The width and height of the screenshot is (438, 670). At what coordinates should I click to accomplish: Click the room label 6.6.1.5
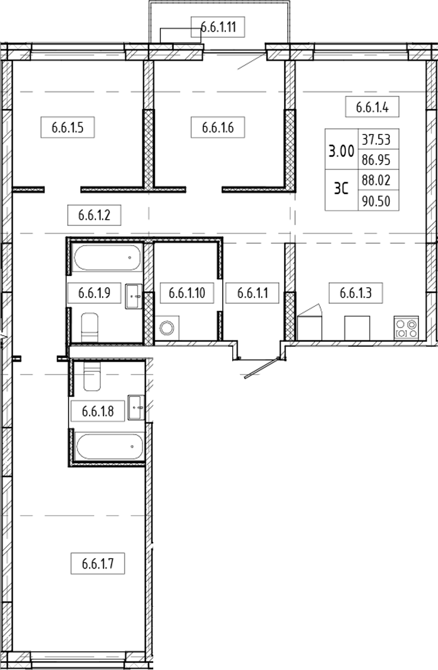[68, 128]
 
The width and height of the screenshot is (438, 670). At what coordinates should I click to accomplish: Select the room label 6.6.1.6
[218, 128]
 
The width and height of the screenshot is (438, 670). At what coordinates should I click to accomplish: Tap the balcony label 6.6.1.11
[218, 27]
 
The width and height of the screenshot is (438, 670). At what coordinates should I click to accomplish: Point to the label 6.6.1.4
[372, 107]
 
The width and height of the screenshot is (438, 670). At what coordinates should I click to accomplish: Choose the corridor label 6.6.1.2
[94, 215]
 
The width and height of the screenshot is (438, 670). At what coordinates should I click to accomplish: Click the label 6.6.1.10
[187, 293]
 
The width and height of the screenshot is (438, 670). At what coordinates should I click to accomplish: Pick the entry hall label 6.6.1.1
[252, 293]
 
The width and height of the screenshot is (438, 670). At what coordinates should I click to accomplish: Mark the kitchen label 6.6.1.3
[356, 293]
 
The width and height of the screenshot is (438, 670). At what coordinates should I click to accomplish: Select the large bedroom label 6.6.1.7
[98, 564]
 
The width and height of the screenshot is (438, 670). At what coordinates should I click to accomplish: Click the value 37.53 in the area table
[376, 139]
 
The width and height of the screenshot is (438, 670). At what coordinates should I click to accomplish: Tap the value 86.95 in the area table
[376, 160]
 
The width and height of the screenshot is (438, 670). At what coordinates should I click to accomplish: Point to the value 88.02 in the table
[376, 180]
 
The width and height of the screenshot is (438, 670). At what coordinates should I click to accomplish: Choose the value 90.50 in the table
[376, 201]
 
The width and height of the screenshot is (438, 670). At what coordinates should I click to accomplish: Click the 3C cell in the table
[341, 189]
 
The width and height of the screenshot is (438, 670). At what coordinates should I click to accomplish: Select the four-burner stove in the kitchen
[406, 328]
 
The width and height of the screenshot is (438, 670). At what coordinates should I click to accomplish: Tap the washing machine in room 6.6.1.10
[167, 328]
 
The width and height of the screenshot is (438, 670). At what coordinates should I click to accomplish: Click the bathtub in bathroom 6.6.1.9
[107, 258]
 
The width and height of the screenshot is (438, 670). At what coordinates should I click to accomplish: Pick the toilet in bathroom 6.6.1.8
[92, 377]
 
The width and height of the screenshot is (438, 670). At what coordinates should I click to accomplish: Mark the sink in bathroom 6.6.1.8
[136, 407]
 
